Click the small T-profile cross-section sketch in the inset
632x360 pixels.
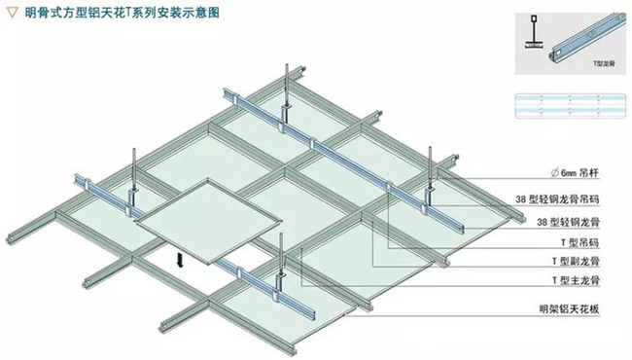533,37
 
